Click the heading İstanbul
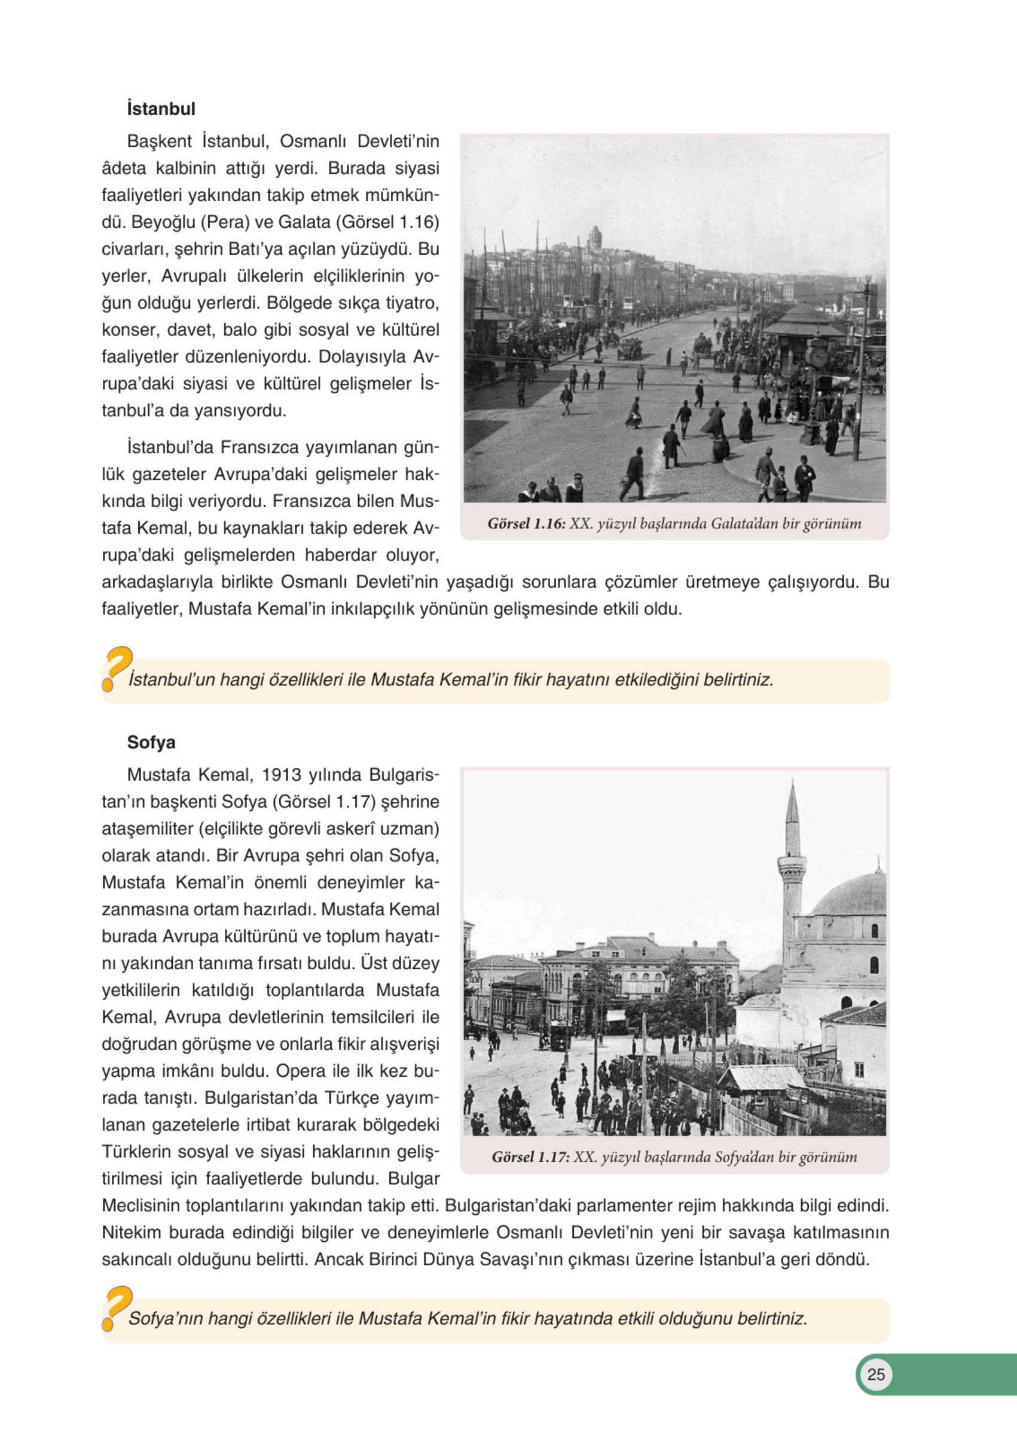tap(161, 109)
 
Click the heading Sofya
tap(151, 742)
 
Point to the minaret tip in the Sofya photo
tap(792, 785)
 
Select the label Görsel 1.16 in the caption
tap(526, 523)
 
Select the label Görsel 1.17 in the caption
tap(530, 1157)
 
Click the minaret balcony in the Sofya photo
tap(792, 863)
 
